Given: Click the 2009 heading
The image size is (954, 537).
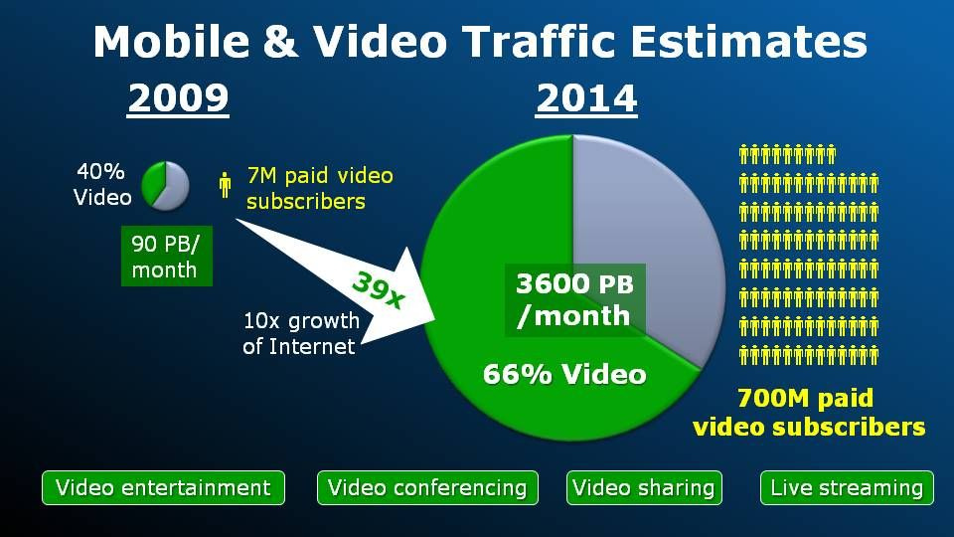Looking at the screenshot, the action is click(178, 97).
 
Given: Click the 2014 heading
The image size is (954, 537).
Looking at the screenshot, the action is click(586, 97).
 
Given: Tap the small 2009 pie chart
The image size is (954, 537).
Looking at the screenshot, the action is click(165, 186).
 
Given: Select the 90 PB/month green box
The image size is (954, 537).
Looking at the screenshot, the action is click(167, 257).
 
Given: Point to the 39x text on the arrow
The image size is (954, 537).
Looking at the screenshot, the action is click(379, 289).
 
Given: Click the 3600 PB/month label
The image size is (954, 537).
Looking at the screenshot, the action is click(575, 299).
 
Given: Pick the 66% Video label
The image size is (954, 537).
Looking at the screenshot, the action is click(564, 374).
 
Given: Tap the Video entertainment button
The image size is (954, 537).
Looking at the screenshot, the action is click(163, 487).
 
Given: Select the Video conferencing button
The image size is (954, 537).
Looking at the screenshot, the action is click(427, 487).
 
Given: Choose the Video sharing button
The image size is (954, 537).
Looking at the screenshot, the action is click(644, 487).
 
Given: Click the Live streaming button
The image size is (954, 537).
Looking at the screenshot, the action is click(847, 487).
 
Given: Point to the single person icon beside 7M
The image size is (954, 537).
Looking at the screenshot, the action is click(226, 185).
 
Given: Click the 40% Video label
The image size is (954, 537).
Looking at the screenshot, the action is click(102, 184).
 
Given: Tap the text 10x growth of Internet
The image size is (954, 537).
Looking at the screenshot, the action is click(300, 333).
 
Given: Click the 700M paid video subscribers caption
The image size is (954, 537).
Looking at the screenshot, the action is click(809, 412).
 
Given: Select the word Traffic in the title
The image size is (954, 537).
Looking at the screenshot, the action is click(541, 42).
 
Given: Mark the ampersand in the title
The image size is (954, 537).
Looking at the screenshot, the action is click(281, 42).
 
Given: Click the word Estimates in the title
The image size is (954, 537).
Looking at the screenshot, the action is click(748, 42).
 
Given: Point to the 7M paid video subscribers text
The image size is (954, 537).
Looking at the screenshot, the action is click(319, 188).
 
